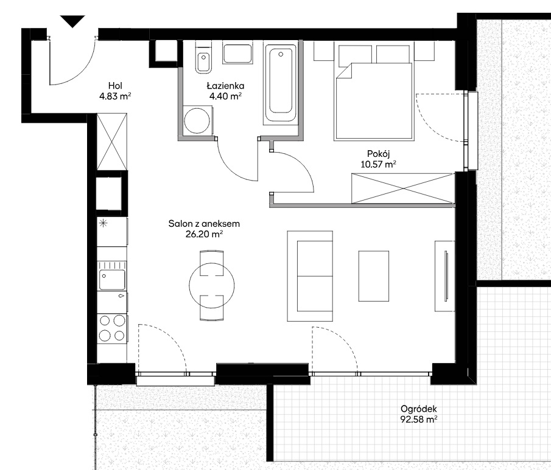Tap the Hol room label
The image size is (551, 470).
tap(115, 86)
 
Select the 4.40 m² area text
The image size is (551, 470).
tap(225, 96)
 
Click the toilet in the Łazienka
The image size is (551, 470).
tap(203, 57)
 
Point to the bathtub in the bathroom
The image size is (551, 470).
tap(281, 85)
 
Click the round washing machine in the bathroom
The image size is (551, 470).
tap(197, 120)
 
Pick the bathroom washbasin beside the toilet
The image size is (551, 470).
tap(237, 54)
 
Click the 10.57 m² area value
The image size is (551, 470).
tap(379, 164)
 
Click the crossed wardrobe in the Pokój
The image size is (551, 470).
tap(403, 188)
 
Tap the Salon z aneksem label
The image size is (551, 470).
tap(204, 224)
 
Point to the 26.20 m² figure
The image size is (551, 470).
tap(204, 234)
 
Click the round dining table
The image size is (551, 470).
tap(211, 285)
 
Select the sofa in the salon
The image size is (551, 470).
tap(310, 276)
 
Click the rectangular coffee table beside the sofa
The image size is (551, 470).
tap(374, 276)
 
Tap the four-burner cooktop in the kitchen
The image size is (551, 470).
tap(112, 328)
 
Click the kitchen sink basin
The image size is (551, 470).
tap(112, 280)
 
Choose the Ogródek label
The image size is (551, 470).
tap(418, 409)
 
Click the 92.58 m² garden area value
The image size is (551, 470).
tap(418, 419)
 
